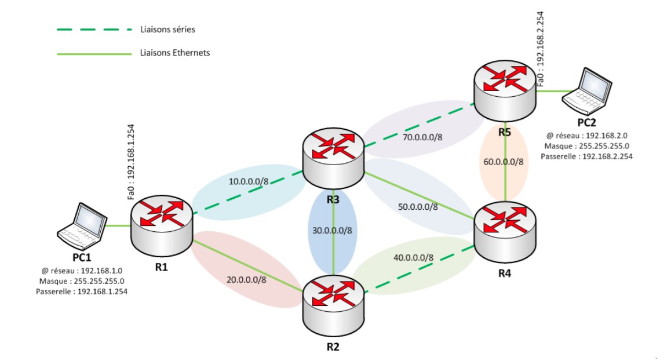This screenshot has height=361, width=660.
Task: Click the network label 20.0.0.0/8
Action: pos(247,279)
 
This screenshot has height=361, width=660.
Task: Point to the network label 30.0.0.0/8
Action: pos(330,230)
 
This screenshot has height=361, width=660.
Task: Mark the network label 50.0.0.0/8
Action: pos(418,206)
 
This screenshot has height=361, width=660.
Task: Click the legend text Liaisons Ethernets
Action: pos(175,53)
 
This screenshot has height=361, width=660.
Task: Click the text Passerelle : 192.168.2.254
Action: pos(586,156)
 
